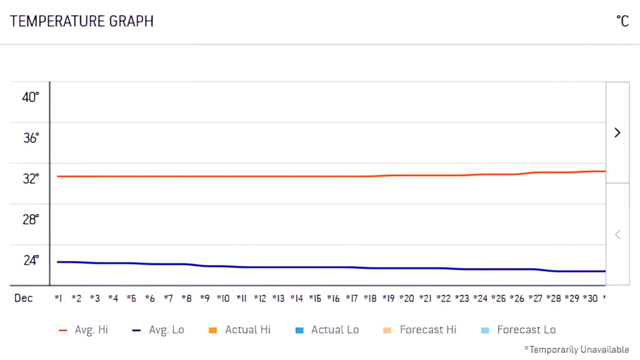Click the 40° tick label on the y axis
[30, 97]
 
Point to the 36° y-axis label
[31, 138]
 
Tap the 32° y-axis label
[31, 178]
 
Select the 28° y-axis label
[31, 219]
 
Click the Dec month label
[23, 298]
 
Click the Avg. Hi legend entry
[91, 330]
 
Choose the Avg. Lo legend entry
[166, 330]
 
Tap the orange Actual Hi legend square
[213, 330]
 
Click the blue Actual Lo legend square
[299, 330]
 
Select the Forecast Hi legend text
[428, 330]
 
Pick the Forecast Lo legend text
[526, 330]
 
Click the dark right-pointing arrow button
[617, 133]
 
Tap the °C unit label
[622, 21]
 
